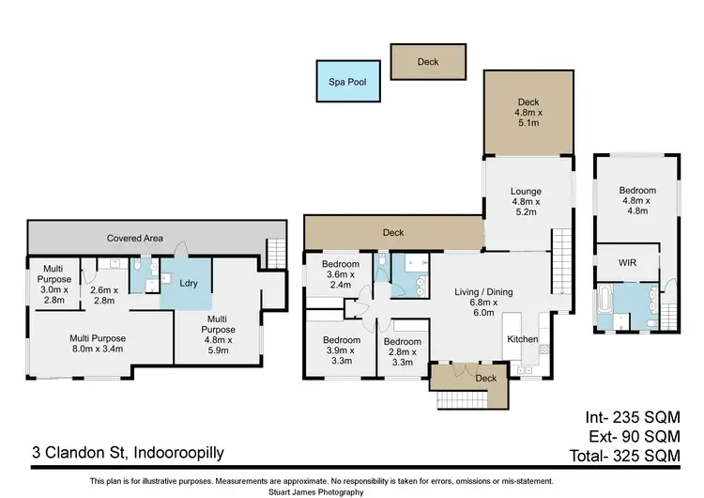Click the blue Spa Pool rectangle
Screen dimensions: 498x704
pyautogui.click(x=348, y=82)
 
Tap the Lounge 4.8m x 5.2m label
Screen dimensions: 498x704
pyautogui.click(x=528, y=202)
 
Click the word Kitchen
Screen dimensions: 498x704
pyautogui.click(x=523, y=338)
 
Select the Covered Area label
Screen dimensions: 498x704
pyautogui.click(x=136, y=239)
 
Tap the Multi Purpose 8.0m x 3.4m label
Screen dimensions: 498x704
pyautogui.click(x=99, y=345)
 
